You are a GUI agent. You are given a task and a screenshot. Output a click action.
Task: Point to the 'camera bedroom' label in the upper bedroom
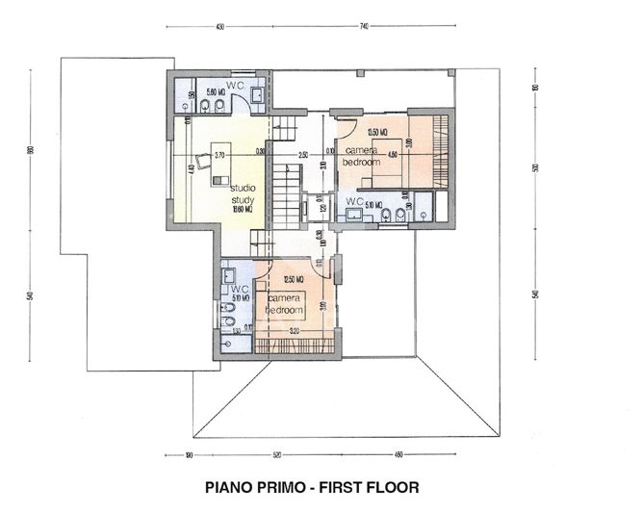[x=363, y=158]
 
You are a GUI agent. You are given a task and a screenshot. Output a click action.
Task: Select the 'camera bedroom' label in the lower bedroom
[x=285, y=305]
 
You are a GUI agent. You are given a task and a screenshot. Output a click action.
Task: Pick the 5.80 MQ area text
[x=216, y=90]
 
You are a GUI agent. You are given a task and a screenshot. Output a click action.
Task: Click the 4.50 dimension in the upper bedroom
[x=392, y=154]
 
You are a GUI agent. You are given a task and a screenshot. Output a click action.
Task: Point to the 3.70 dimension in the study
[x=219, y=154]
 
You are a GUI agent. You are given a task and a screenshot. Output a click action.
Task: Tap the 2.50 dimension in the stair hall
[x=302, y=154]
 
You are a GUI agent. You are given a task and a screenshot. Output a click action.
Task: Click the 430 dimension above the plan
[x=219, y=27]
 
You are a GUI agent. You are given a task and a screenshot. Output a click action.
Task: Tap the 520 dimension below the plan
[x=276, y=454]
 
